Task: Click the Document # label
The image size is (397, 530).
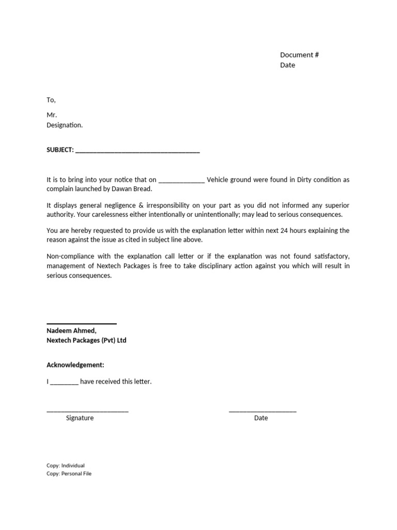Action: (299, 55)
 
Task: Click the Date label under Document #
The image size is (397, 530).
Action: (287, 65)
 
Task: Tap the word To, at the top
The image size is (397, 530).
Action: (51, 100)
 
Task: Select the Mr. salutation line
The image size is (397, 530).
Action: (52, 115)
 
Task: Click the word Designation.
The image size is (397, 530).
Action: (64, 125)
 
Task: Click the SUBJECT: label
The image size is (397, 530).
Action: (60, 150)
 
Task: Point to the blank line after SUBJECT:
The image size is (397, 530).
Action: (138, 151)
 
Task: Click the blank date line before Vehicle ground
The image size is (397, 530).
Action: (181, 180)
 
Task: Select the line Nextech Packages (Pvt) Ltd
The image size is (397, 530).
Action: (86, 341)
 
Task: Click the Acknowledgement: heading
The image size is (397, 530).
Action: (75, 365)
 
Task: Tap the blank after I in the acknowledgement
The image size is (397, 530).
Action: (65, 382)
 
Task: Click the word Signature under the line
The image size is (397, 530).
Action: (80, 418)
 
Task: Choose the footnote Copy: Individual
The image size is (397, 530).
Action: (66, 465)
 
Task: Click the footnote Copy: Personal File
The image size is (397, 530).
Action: (69, 474)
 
